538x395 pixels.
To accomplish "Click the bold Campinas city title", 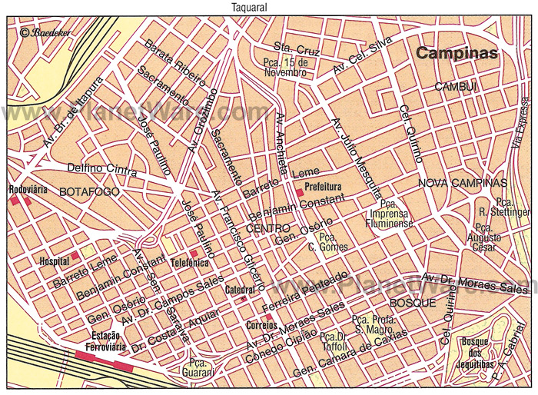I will [x=457, y=53].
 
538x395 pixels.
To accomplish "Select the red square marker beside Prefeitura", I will [x=299, y=193].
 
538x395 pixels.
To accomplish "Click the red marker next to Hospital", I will [x=75, y=255].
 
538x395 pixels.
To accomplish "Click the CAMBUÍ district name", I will [x=456, y=88].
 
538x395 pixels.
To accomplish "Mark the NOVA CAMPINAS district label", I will [x=463, y=183].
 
